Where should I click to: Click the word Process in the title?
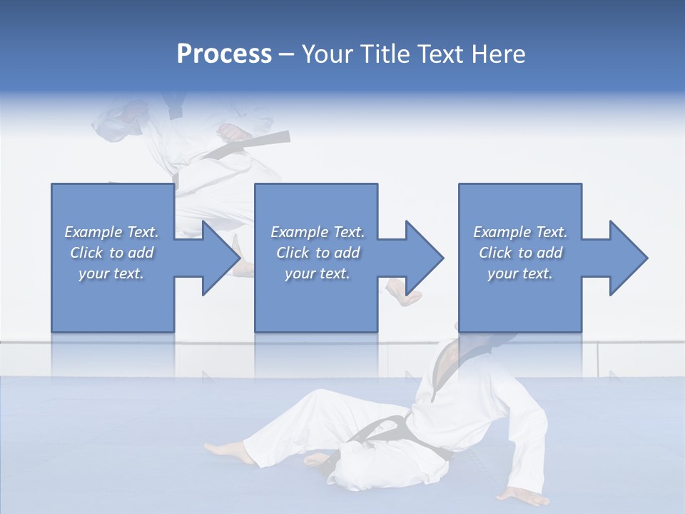[x=224, y=54]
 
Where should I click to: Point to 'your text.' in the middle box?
[x=317, y=273]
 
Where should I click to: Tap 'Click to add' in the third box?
[x=520, y=253]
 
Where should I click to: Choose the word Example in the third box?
[x=502, y=232]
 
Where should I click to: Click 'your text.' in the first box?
[x=111, y=273]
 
